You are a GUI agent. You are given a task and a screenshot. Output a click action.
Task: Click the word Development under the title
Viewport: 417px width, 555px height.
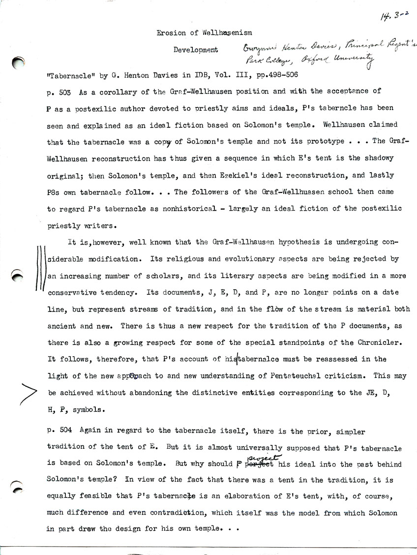[x=196, y=50]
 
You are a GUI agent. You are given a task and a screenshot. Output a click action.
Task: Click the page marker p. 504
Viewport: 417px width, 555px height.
[x=59, y=432]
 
